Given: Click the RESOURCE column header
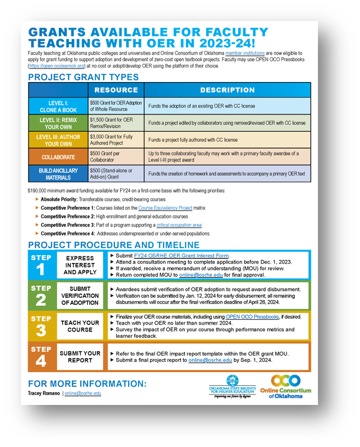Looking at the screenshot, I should [116, 90].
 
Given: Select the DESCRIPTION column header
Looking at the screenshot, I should [227, 90].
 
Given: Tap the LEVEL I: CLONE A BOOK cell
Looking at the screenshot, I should [58, 106].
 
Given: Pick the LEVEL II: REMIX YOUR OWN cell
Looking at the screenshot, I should [58, 123].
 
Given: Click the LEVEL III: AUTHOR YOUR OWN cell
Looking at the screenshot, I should [58, 140].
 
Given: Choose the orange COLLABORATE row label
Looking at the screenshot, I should [58, 157].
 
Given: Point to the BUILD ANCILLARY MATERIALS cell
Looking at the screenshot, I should [58, 174].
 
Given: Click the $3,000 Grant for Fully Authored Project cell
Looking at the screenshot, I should [116, 140].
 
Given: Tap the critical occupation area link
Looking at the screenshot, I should [179, 225].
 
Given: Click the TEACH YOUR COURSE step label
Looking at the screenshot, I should [80, 326].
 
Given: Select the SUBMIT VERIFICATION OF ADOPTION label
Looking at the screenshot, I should [80, 296].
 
